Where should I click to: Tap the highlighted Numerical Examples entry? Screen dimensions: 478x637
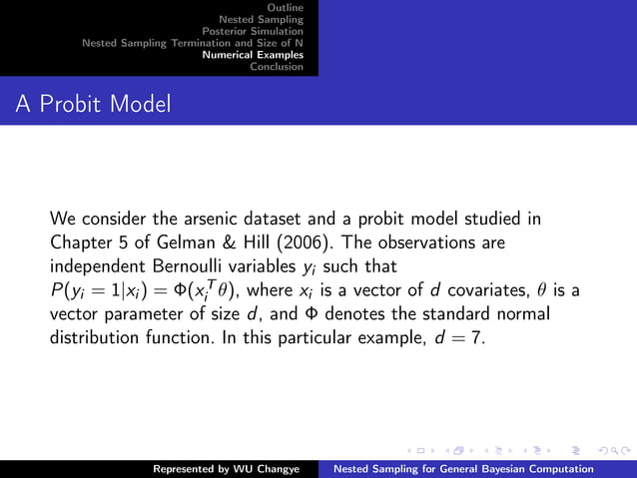click(x=253, y=55)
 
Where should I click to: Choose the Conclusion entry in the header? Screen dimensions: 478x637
click(x=277, y=67)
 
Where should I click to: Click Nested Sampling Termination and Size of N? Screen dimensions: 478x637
click(x=193, y=43)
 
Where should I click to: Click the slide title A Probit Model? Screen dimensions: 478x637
click(x=93, y=103)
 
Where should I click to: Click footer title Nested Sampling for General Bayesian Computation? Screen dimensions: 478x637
click(x=463, y=468)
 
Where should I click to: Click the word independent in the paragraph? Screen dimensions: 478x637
click(x=100, y=266)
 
